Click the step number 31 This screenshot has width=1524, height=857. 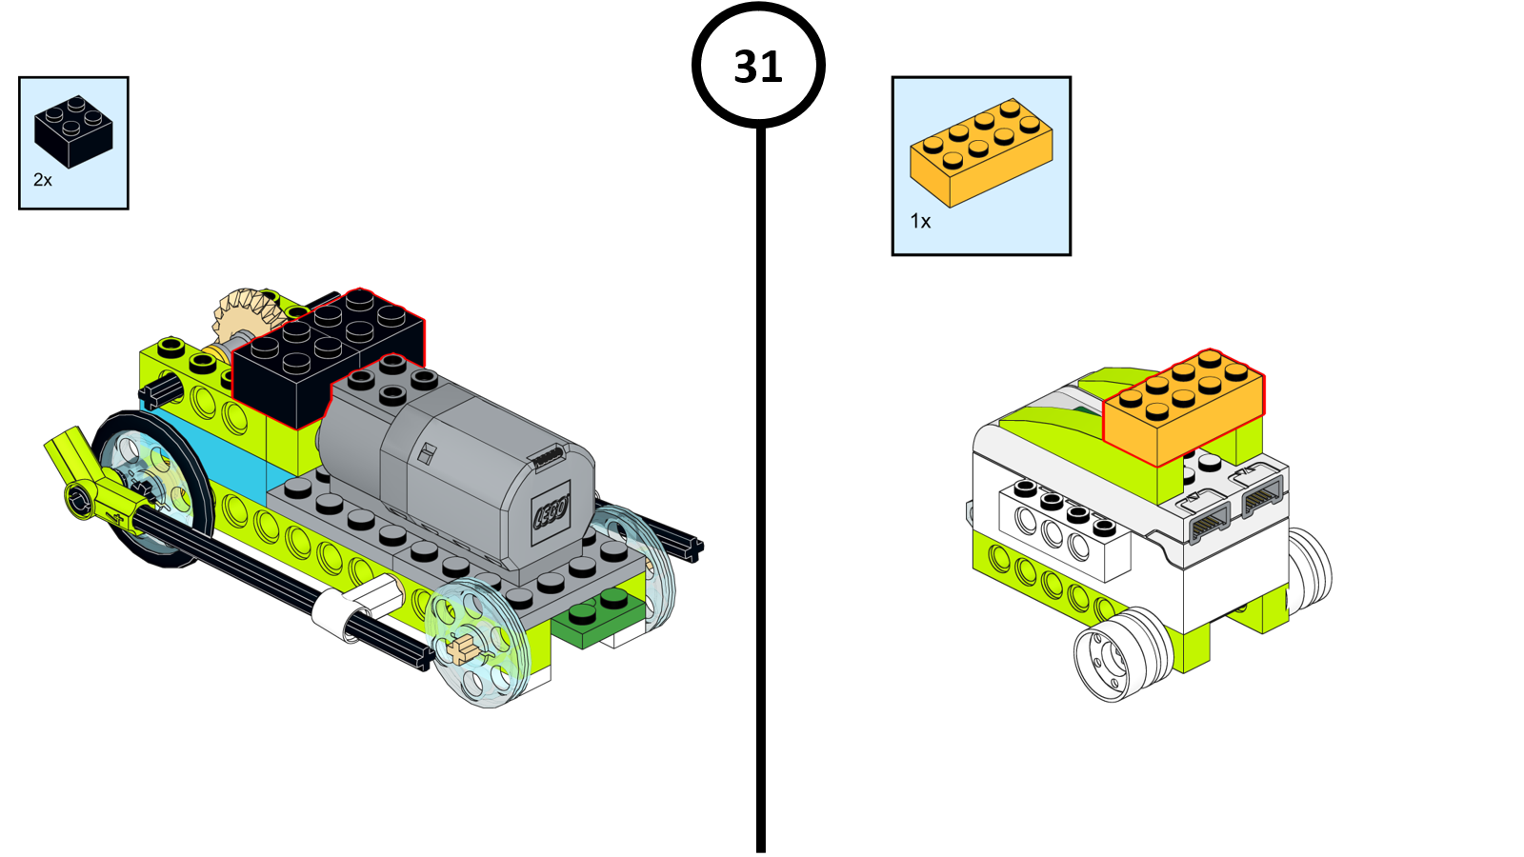point(758,67)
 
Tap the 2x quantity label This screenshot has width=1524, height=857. point(43,180)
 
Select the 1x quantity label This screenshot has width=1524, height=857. point(920,221)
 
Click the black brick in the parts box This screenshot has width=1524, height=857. point(72,131)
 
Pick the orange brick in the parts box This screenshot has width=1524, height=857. point(981,152)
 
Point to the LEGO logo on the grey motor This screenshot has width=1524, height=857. point(551,513)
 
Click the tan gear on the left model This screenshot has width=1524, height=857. point(244,315)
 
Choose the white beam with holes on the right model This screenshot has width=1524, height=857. point(1062,529)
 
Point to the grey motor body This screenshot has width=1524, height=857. point(457,467)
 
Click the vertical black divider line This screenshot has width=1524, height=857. point(760,476)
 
